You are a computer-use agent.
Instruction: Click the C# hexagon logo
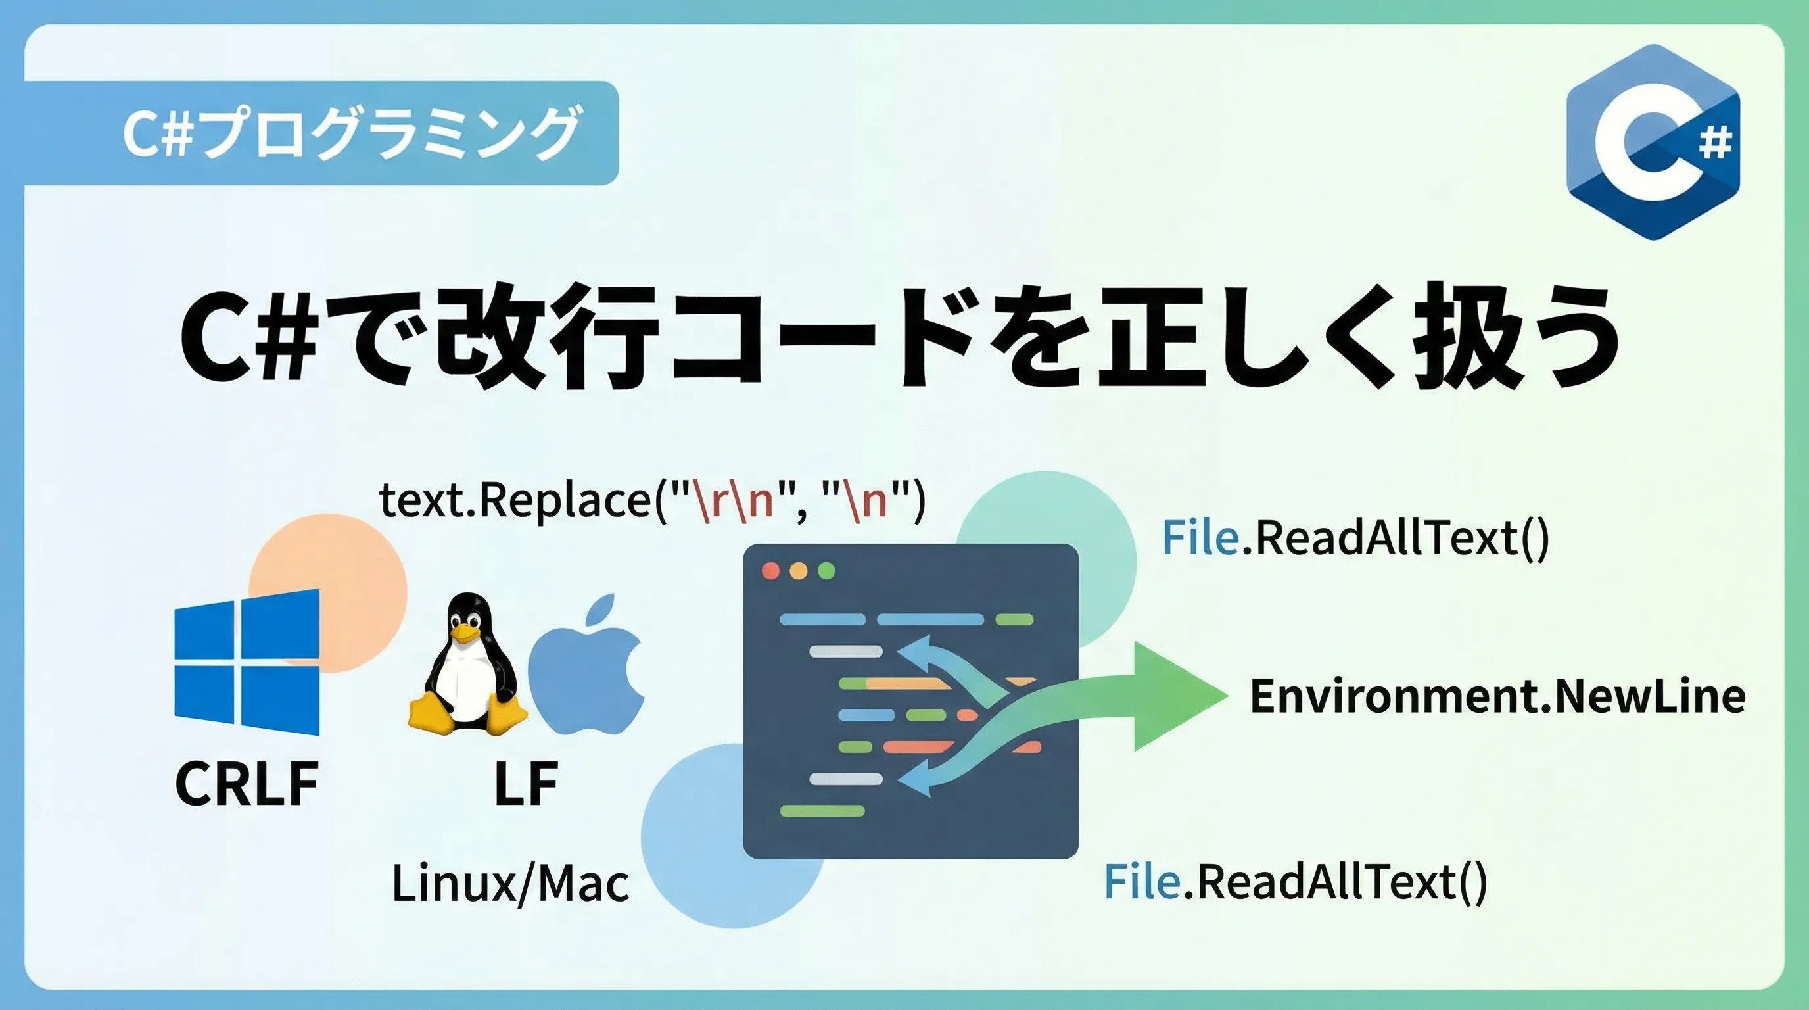1653,142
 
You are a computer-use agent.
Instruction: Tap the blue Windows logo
247,662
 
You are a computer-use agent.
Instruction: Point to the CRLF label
247,784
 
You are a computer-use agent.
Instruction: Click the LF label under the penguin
526,784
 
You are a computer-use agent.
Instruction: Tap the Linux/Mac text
511,884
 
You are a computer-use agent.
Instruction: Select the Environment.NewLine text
1497,697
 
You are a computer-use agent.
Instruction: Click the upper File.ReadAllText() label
1356,539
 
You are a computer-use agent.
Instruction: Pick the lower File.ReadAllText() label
1296,882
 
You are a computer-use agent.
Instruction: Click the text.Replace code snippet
652,500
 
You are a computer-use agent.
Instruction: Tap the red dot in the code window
770,570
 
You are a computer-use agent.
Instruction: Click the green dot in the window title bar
826,570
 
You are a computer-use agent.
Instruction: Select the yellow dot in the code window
799,570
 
